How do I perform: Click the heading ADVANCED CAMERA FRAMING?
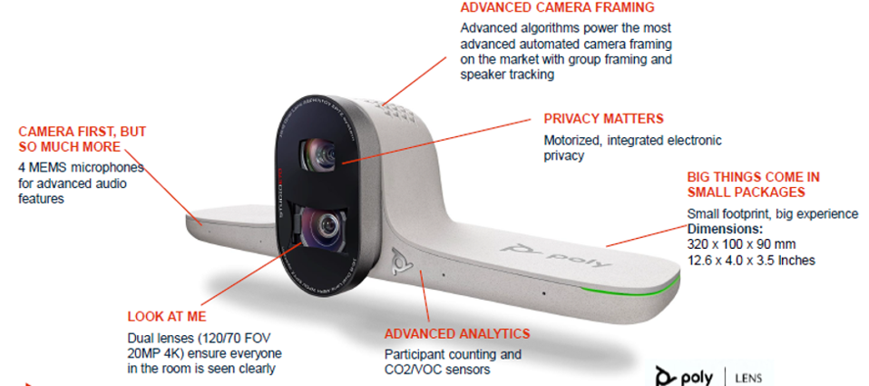[x=558, y=8]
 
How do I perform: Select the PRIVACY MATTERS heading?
[x=603, y=119]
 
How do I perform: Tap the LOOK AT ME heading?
[x=167, y=317]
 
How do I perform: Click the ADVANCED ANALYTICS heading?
[x=457, y=334]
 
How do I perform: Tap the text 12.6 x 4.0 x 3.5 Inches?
[x=751, y=260]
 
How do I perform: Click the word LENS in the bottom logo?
[x=748, y=378]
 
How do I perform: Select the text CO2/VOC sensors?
[x=437, y=369]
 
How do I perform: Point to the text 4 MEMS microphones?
[x=82, y=167]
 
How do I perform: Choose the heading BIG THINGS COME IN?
[x=753, y=177]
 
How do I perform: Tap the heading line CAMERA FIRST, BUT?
[x=82, y=132]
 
